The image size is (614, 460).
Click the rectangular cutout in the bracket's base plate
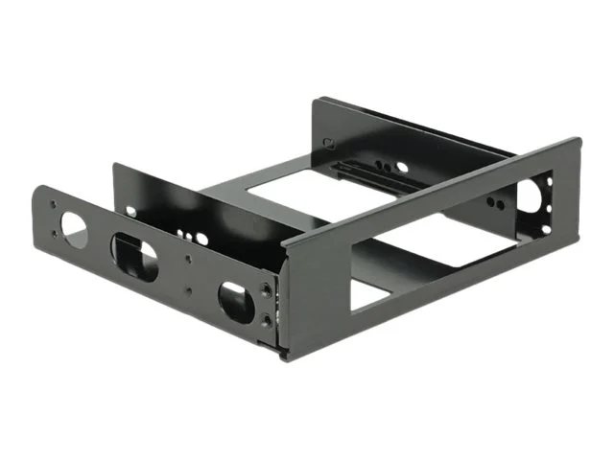pyautogui.click(x=288, y=192)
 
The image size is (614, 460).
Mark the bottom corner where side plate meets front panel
pyautogui.click(x=281, y=356)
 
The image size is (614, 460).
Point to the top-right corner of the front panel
pyautogui.click(x=579, y=140)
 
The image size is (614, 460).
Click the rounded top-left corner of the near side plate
pyautogui.click(x=38, y=188)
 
